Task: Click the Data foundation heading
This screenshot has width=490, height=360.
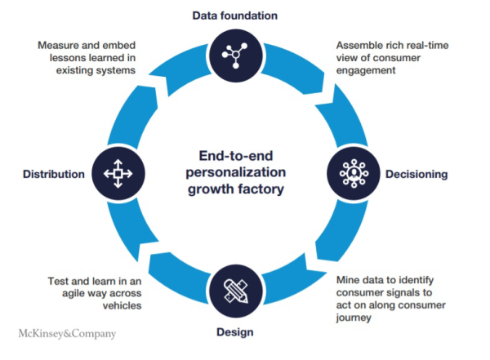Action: click(x=235, y=15)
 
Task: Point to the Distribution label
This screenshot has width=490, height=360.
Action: click(x=54, y=174)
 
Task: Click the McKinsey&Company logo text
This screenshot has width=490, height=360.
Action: click(x=67, y=334)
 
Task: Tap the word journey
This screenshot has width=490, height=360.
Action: click(x=355, y=318)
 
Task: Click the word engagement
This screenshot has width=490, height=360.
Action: click(x=367, y=71)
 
